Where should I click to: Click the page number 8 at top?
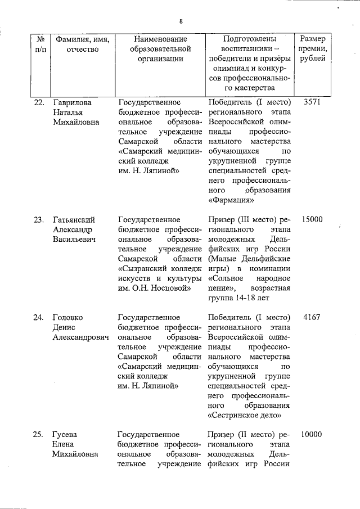coord(181,21)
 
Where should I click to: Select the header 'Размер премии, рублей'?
coord(316,49)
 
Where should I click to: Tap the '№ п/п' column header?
coord(40,44)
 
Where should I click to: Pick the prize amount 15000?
coord(312,219)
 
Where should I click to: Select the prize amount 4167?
coord(312,317)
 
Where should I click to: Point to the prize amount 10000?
coord(312,434)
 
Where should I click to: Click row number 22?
coord(39,102)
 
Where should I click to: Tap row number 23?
coord(39,219)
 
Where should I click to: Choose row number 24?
coord(39,317)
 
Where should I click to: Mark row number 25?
coord(39,434)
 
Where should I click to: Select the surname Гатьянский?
coord(73,219)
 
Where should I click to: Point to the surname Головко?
coord(69,317)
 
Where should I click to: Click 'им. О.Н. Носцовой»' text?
coord(155,288)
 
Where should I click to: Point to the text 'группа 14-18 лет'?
coord(240,298)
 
